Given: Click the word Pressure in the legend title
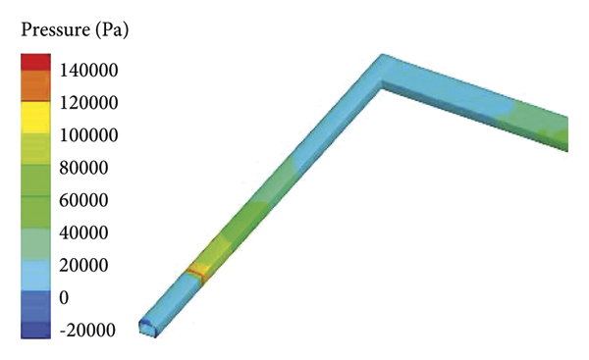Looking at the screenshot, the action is coord(55,29).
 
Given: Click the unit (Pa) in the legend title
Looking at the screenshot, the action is coord(112,29).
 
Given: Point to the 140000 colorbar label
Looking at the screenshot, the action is coord(88,71).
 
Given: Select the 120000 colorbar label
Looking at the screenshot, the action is coord(88,102).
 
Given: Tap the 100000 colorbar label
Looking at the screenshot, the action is coord(88,135).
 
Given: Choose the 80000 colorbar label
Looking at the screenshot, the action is coord(83,168).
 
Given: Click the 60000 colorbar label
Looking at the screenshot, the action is coord(83,200).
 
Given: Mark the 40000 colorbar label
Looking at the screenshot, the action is coord(83,232).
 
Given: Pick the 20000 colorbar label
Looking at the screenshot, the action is coord(83,266).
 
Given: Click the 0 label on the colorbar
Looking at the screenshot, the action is coord(64,297).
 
